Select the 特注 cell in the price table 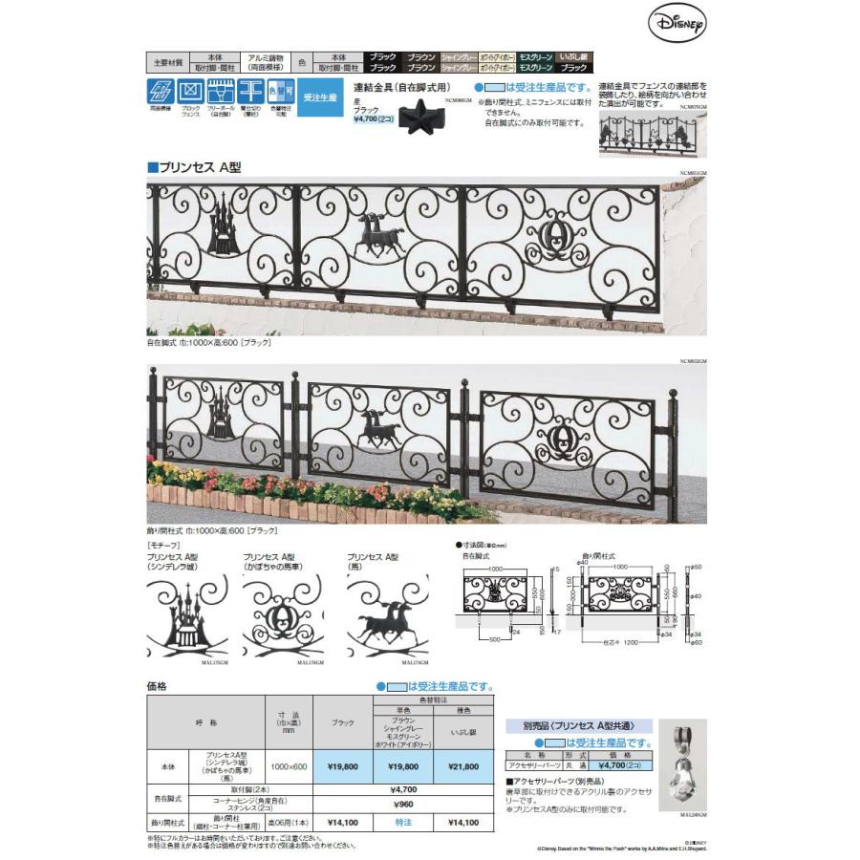pyautogui.click(x=402, y=822)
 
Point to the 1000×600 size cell pyautogui.click(x=288, y=766)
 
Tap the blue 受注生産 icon pyautogui.click(x=319, y=97)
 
